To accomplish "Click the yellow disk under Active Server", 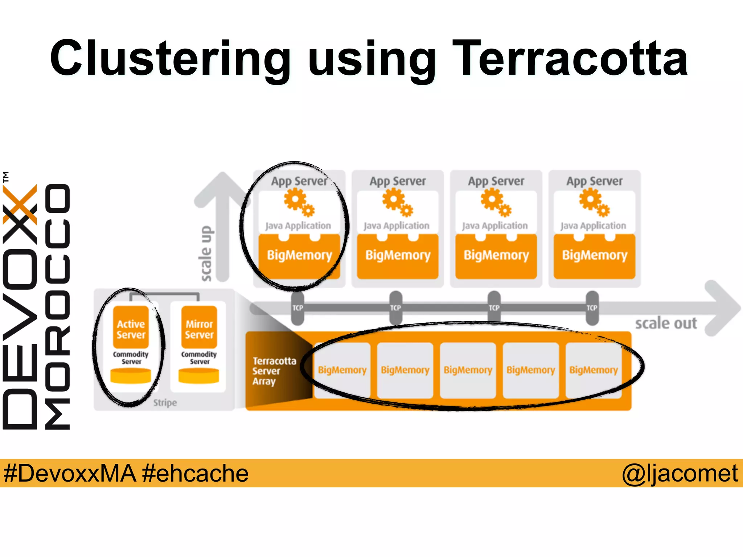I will tap(131, 376).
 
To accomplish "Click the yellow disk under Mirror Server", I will tap(199, 376).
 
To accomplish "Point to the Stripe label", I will tap(165, 403).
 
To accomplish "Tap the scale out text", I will tap(666, 323).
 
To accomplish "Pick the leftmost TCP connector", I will tap(297, 308).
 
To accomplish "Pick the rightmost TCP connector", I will tap(592, 308).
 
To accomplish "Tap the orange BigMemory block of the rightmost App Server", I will tap(594, 256).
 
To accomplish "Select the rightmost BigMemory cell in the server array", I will tap(594, 370).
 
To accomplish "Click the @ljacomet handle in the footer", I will tap(680, 473).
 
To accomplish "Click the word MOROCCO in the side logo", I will tap(57, 306).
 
